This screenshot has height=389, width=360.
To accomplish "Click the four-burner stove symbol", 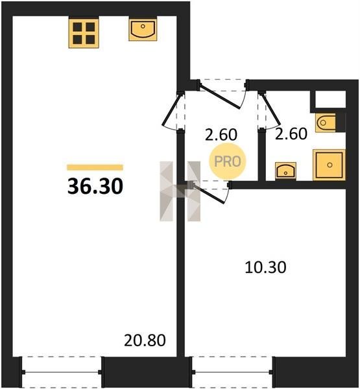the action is [x=84, y=33].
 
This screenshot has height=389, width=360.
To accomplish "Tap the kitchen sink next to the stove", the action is [x=143, y=29].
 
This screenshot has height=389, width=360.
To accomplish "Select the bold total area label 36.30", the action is [x=95, y=187].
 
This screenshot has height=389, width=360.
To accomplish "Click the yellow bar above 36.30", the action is [x=95, y=167].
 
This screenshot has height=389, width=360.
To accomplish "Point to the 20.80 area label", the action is [x=145, y=340].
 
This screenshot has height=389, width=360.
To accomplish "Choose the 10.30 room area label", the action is [x=265, y=267].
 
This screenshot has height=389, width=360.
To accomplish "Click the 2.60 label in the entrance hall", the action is [x=221, y=135].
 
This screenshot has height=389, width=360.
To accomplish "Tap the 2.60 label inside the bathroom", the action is [x=291, y=134].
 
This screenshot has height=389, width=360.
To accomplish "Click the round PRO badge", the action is [x=228, y=161].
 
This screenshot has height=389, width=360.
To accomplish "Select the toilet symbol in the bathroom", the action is [x=326, y=123].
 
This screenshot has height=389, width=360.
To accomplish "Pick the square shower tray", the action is [x=330, y=165].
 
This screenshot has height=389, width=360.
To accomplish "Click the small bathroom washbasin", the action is [x=285, y=171].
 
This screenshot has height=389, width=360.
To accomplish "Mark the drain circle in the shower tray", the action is [x=330, y=165].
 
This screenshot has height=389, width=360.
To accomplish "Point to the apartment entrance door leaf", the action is [x=220, y=97].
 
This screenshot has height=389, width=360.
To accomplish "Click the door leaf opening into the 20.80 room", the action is [x=171, y=110].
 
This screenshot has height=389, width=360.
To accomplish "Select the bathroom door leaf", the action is [x=270, y=110].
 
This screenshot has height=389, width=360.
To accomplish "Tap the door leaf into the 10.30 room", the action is [x=209, y=194].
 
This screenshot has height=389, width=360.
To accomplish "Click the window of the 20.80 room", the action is [x=62, y=372].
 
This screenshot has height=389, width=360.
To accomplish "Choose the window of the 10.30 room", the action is [x=232, y=372].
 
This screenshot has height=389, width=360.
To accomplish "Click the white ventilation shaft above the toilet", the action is [x=330, y=99].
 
